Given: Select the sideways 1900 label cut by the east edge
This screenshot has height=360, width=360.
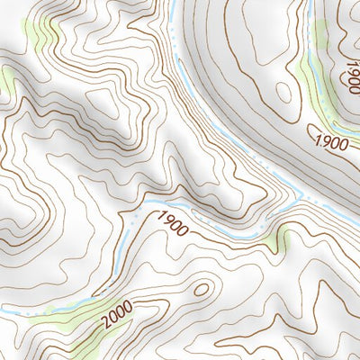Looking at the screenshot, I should tap(349, 72).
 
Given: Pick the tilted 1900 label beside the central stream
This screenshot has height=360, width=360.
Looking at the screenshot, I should tap(172, 224).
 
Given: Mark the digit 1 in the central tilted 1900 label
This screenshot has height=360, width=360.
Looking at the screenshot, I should tap(160, 216).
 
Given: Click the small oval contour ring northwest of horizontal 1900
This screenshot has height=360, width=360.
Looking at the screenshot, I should tap(285, 90).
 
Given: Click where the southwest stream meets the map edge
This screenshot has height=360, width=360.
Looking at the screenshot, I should tap(2, 311).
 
